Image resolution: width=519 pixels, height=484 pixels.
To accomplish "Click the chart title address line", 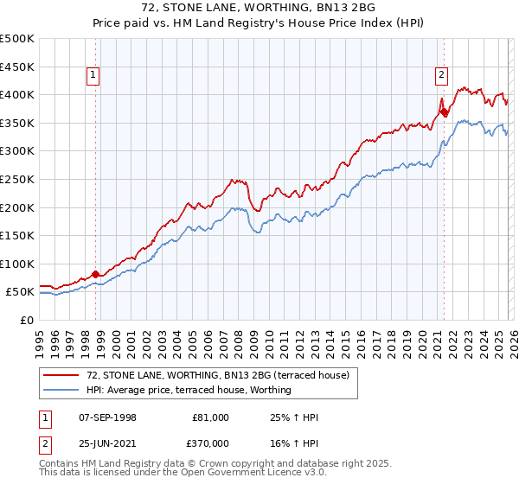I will coord(259,8).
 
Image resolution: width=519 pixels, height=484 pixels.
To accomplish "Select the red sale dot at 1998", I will coord(95,274).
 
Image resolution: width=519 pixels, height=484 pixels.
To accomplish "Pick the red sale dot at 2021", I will coord(444,111).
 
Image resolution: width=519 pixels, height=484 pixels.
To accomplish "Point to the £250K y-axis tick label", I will coord(17,179).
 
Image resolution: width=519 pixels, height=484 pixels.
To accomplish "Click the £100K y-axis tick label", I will coord(17,264).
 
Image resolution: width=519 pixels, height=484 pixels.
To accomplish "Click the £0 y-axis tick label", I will coord(28,320).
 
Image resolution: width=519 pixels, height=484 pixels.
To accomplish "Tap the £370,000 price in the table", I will coord(213,442).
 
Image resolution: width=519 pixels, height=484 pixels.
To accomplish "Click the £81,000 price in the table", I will coord(210,417).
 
